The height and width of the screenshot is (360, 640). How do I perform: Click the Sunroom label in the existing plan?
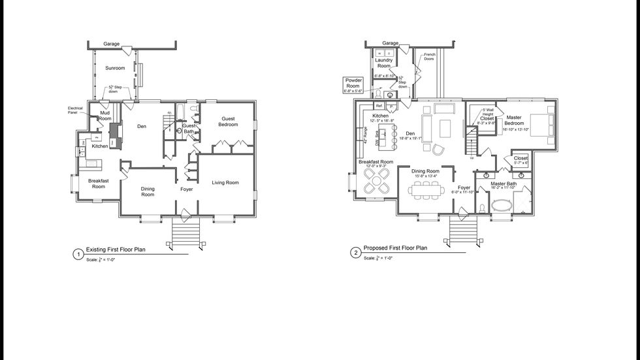pyautogui.click(x=115, y=68)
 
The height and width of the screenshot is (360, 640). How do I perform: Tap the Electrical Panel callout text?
pyautogui.click(x=76, y=110)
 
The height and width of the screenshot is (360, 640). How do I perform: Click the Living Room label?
pyautogui.click(x=225, y=182)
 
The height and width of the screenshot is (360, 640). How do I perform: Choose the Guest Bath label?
pyautogui.click(x=189, y=128)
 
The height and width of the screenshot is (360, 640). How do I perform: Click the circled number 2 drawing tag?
pyautogui.click(x=355, y=253)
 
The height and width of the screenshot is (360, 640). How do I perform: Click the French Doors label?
pyautogui.click(x=429, y=57)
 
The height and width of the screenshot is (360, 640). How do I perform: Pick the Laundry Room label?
pyautogui.click(x=383, y=63)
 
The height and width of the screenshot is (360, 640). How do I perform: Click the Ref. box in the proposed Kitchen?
pyautogui.click(x=379, y=105)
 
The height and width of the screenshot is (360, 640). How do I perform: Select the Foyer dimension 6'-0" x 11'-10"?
pyautogui.click(x=464, y=192)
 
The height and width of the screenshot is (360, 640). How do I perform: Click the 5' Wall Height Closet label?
pyautogui.click(x=487, y=114)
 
